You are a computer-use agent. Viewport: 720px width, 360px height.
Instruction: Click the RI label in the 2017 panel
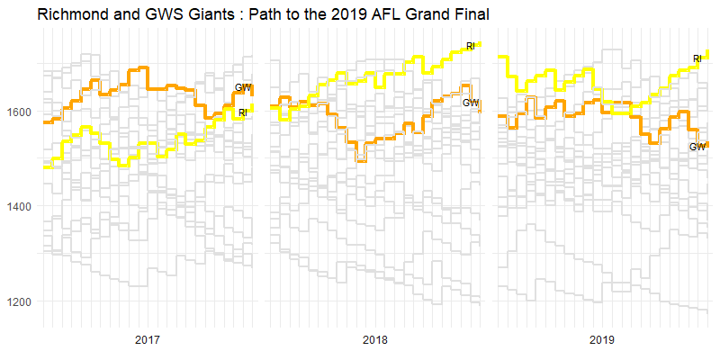pyautogui.click(x=243, y=112)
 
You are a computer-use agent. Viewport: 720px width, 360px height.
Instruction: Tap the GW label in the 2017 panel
pyautogui.click(x=243, y=87)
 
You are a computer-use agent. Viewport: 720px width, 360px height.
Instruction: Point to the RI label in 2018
pyautogui.click(x=470, y=46)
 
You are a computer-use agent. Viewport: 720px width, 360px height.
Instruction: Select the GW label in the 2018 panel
pyautogui.click(x=471, y=103)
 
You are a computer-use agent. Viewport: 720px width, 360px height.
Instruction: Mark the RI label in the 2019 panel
pyautogui.click(x=697, y=59)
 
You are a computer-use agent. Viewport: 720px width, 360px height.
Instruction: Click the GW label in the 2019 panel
pyautogui.click(x=697, y=147)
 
